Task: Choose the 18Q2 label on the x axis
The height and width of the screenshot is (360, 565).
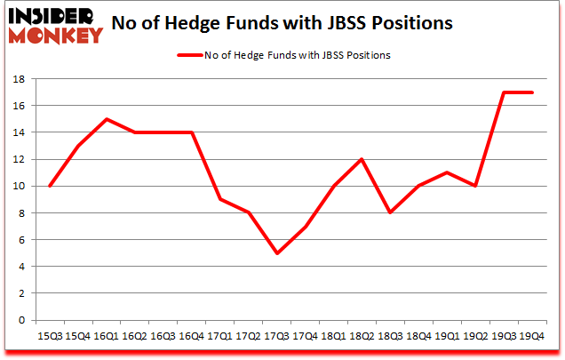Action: click(x=363, y=335)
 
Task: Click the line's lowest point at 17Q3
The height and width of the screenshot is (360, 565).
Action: click(x=277, y=253)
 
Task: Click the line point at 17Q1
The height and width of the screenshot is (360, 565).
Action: click(x=219, y=200)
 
